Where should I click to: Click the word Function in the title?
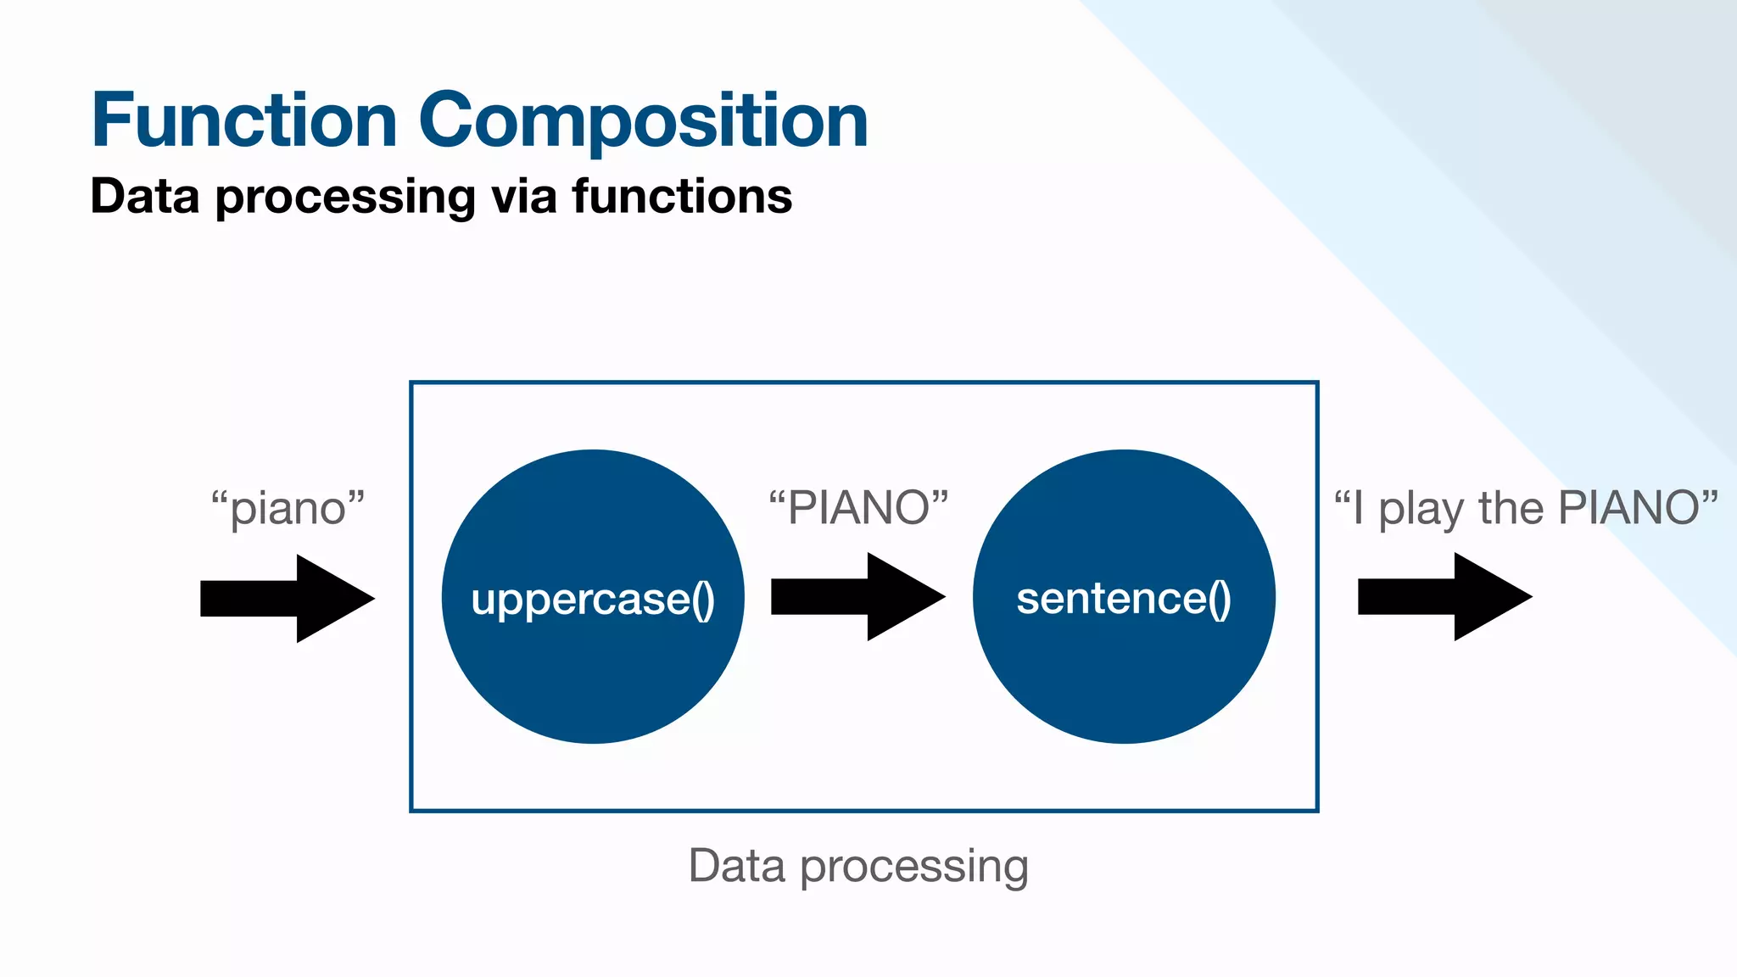pyautogui.click(x=244, y=120)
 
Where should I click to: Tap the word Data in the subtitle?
pyautogui.click(x=144, y=196)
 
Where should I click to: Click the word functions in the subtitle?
pyautogui.click(x=682, y=196)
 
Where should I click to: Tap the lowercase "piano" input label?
pyautogui.click(x=288, y=509)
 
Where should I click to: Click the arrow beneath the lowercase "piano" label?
pyautogui.click(x=287, y=599)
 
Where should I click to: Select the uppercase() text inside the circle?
pyautogui.click(x=593, y=600)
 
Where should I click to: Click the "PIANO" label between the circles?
pyautogui.click(x=858, y=508)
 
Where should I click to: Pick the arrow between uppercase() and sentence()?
pyautogui.click(x=857, y=597)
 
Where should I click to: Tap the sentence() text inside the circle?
pyautogui.click(x=1123, y=599)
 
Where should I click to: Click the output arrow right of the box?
pyautogui.click(x=1444, y=597)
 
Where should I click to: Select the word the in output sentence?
pyautogui.click(x=1511, y=508)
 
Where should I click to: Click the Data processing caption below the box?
pyautogui.click(x=858, y=866)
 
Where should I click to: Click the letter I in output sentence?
pyautogui.click(x=1358, y=508)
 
